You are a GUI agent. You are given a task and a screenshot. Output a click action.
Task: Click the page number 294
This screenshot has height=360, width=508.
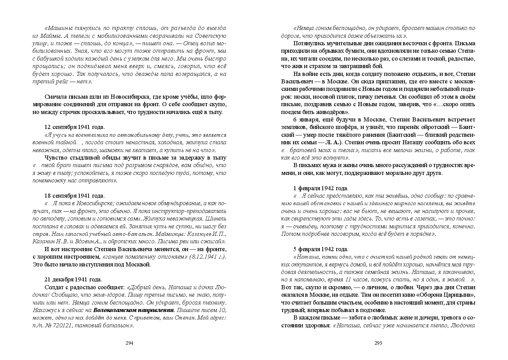(129, 343)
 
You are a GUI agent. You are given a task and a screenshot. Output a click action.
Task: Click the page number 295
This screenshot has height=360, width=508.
(379, 343)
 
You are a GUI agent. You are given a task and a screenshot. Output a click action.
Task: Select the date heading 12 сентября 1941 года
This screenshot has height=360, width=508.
(75, 127)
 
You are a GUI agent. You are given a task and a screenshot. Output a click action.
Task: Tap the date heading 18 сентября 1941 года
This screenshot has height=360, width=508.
(75, 196)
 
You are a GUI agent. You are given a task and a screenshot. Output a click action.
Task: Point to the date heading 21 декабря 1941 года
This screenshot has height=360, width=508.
(73, 279)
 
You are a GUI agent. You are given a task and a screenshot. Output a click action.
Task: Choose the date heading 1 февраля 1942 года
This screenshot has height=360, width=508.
(320, 188)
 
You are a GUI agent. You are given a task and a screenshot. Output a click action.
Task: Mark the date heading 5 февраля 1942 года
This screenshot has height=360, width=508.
(320, 249)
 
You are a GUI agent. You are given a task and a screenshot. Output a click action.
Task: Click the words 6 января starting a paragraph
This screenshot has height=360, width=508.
(305, 119)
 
